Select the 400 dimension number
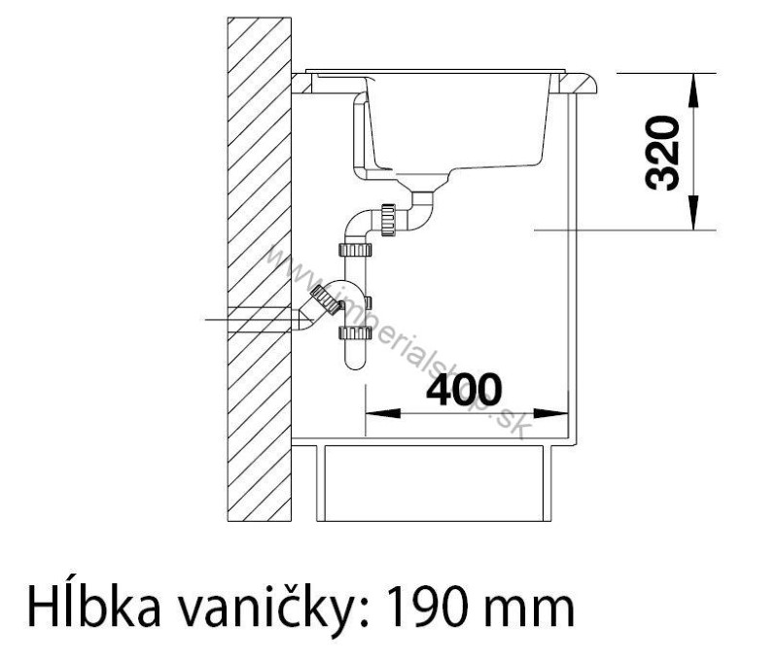[465, 390]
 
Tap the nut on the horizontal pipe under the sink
[390, 218]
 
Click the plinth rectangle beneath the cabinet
[436, 482]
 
